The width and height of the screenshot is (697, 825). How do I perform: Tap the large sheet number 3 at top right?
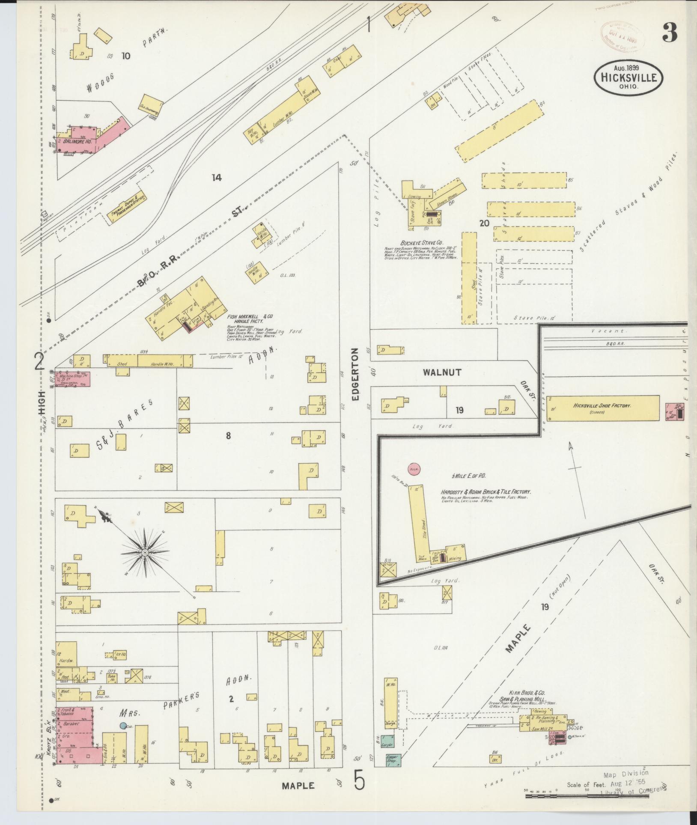tap(670, 33)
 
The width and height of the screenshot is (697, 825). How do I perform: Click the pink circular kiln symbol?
tap(414, 469)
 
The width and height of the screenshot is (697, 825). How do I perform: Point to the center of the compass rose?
tap(146, 553)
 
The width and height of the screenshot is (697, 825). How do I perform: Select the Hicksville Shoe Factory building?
tap(602, 408)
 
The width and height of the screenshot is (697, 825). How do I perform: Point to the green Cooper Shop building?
tap(393, 759)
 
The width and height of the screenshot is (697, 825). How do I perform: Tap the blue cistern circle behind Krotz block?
tap(123, 725)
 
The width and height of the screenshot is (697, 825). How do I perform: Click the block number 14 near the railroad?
tap(217, 177)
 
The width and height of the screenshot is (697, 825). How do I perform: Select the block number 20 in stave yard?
tap(484, 223)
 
